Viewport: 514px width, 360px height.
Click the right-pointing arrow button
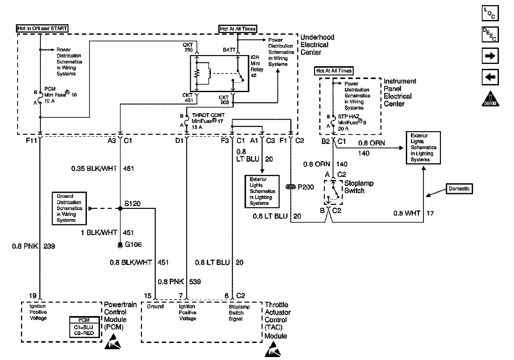pyautogui.click(x=490, y=56)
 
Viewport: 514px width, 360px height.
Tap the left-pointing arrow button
pyautogui.click(x=490, y=77)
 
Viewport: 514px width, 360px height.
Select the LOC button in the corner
pyautogui.click(x=490, y=13)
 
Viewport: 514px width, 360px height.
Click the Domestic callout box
pyautogui.click(x=459, y=189)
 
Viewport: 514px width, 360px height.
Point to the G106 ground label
pyautogui.click(x=133, y=245)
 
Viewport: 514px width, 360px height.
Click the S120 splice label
pyautogui.click(x=132, y=204)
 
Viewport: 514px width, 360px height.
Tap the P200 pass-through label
pyautogui.click(x=306, y=187)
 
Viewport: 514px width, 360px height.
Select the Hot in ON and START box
pyautogui.click(x=42, y=29)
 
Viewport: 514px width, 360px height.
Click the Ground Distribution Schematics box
pyautogui.click(x=69, y=208)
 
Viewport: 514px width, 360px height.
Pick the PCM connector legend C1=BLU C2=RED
pyautogui.click(x=84, y=327)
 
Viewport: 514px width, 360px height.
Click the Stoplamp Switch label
pyautogui.click(x=359, y=187)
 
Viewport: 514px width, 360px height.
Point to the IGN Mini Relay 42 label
pyautogui.click(x=257, y=66)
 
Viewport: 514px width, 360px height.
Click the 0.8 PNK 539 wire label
pyautogui.click(x=179, y=282)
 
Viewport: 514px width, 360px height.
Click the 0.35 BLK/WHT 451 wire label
pyautogui.click(x=103, y=169)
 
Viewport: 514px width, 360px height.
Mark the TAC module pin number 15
pyautogui.click(x=148, y=296)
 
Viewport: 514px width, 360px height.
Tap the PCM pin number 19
pyautogui.click(x=32, y=296)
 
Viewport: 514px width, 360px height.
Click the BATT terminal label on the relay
pyautogui.click(x=229, y=50)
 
